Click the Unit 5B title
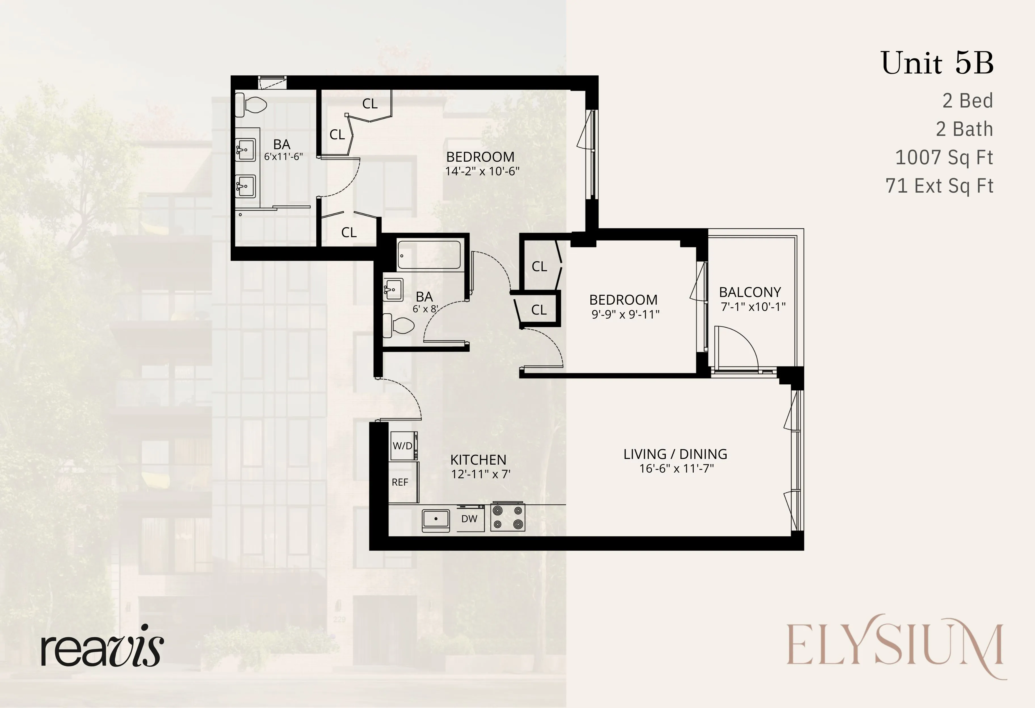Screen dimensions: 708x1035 click(937, 63)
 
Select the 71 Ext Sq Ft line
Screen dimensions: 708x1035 click(939, 186)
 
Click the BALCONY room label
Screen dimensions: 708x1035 click(750, 292)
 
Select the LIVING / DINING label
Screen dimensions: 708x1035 click(675, 454)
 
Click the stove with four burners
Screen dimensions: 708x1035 click(508, 517)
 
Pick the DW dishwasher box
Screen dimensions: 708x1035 click(470, 519)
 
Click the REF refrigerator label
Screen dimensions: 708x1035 click(400, 482)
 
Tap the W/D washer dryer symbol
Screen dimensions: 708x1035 click(403, 446)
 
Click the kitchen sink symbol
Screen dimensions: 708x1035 click(436, 519)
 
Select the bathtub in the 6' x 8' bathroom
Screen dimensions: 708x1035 click(429, 255)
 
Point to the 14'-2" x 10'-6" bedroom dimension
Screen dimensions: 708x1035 click(482, 171)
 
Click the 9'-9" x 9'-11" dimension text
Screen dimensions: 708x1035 click(625, 314)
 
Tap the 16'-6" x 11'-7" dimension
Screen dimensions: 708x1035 click(676, 468)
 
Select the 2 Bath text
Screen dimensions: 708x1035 click(964, 129)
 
